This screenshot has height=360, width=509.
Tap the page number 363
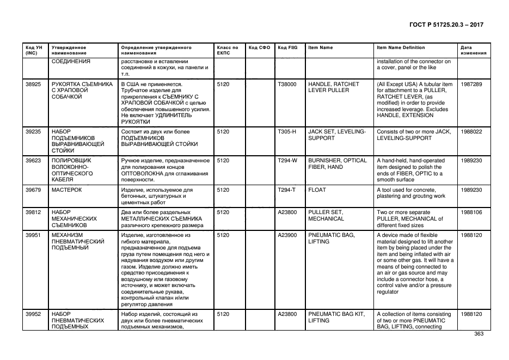click(479, 334)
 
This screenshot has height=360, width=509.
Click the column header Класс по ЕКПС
click(227, 51)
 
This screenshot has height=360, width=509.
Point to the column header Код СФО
click(259, 48)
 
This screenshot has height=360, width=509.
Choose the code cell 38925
click(33, 84)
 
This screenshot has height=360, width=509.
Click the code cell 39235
click(33, 131)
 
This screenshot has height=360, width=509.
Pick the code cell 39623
click(33, 161)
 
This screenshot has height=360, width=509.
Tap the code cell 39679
click(33, 190)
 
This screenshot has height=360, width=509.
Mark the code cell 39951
click(33, 235)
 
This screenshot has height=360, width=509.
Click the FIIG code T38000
click(287, 84)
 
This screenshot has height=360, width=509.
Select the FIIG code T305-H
click(286, 131)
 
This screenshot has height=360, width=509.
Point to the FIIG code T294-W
click(287, 161)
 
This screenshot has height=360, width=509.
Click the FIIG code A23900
click(287, 235)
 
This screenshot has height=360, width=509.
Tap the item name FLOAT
click(316, 190)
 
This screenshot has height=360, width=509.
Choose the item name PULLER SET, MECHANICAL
click(326, 216)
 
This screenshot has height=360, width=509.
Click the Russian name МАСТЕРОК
click(66, 190)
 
